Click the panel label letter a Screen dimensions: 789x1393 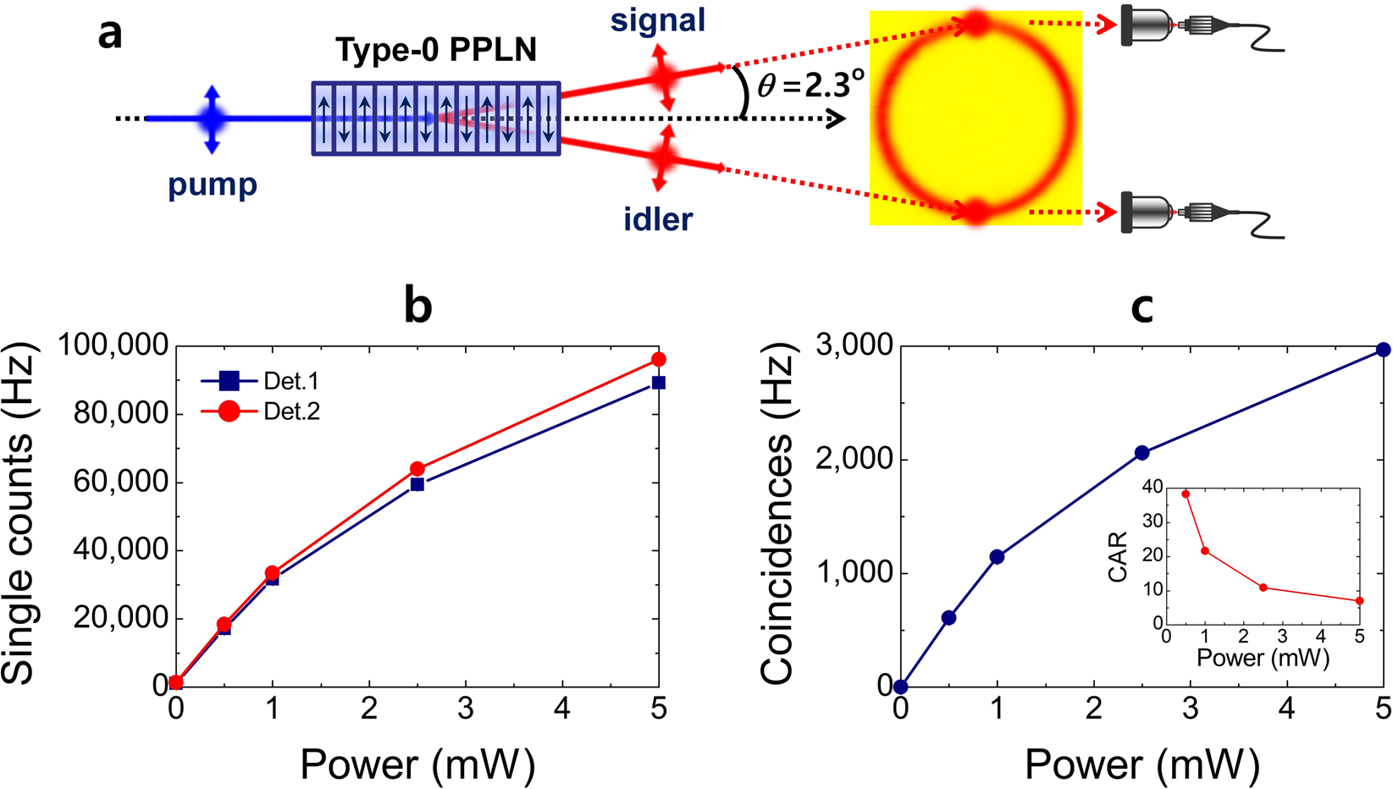(x=110, y=36)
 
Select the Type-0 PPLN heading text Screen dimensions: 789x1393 (x=436, y=50)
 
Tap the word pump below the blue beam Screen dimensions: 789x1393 (x=213, y=184)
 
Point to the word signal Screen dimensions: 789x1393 (x=658, y=19)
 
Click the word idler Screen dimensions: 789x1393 (x=658, y=219)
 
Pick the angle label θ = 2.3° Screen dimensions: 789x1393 (x=810, y=85)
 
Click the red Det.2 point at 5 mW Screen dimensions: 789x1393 (x=658, y=360)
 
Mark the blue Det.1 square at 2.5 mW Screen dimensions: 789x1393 (x=417, y=484)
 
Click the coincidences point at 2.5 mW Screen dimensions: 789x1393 (x=1141, y=453)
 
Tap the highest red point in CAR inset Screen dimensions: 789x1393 (x=1186, y=494)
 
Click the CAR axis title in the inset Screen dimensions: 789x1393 (x=1118, y=556)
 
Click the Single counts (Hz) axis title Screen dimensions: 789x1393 (x=19, y=513)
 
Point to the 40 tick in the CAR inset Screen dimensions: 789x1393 (x=1152, y=487)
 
